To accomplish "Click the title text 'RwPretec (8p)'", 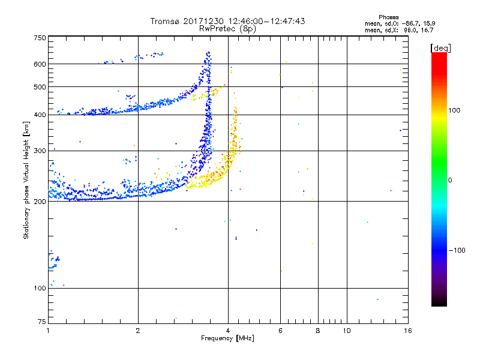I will tap(228, 28).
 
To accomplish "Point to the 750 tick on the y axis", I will tap(40, 38).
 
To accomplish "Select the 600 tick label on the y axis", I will tap(40, 64).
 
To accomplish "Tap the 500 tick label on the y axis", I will tap(40, 87).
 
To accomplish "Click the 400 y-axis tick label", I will tap(40, 115).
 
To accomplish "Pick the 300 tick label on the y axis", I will tap(40, 151).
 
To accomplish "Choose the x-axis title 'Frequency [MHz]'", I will tap(227, 338).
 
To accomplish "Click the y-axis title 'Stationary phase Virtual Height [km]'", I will tap(26, 181).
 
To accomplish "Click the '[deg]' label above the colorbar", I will tap(440, 48).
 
